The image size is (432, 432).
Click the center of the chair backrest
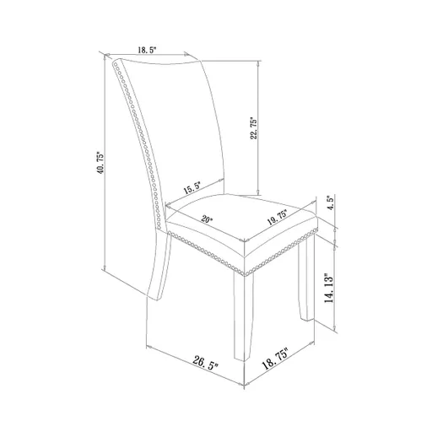point(186,127)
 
